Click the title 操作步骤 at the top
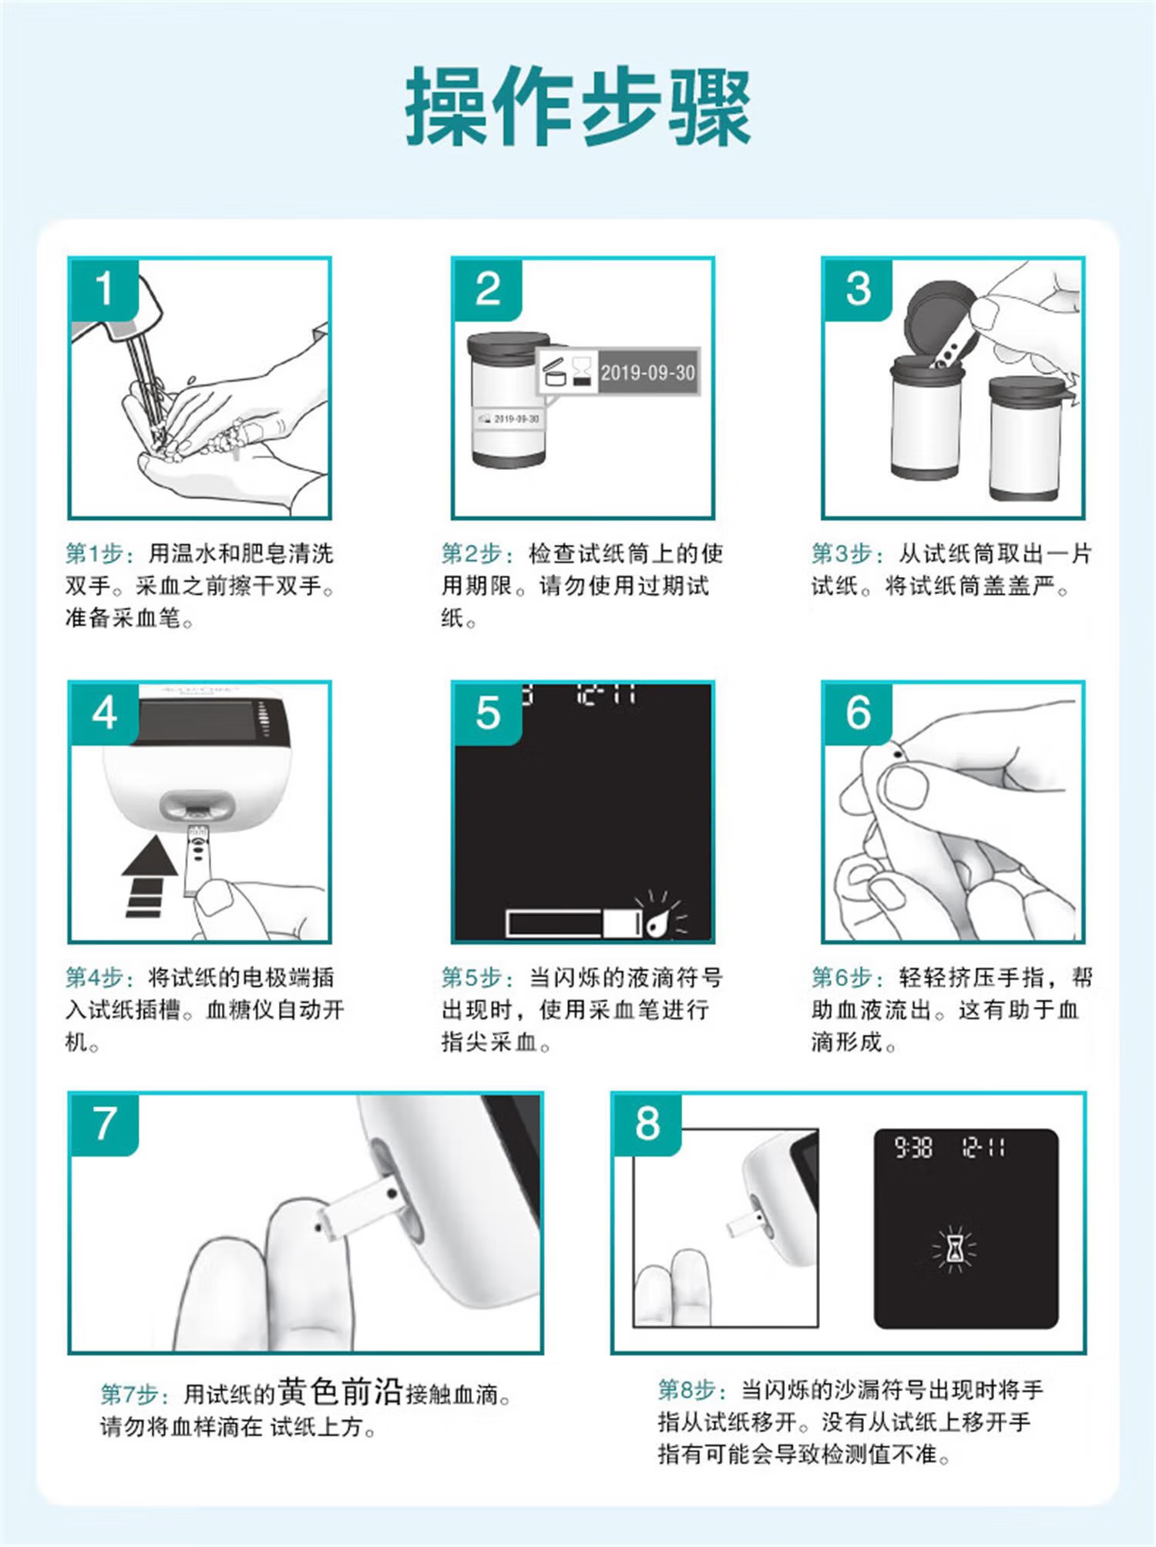point(578,106)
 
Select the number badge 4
point(104,713)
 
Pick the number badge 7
point(104,1124)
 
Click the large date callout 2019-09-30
point(647,373)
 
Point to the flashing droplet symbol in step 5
point(658,914)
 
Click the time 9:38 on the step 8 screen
point(913,1149)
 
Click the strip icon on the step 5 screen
point(573,923)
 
